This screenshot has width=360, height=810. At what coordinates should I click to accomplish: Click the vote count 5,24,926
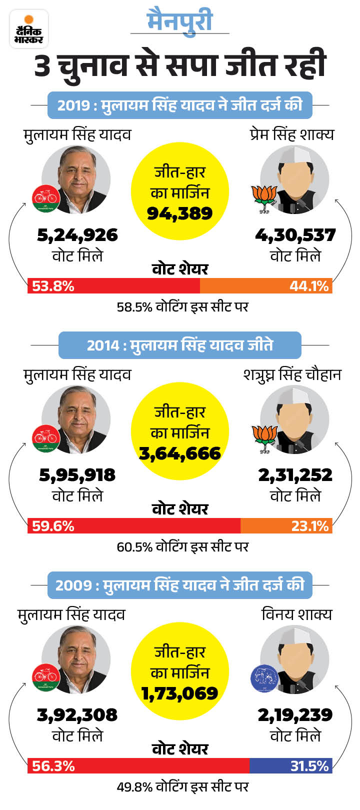[x=77, y=235]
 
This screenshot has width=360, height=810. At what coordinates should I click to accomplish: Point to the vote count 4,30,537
[x=295, y=235]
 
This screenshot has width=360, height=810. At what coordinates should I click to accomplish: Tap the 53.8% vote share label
[x=53, y=286]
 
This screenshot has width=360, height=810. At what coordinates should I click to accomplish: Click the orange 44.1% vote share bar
[x=266, y=286]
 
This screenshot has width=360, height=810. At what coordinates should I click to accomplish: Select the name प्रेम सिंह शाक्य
[x=291, y=134]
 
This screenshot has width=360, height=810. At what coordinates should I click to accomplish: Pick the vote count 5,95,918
[x=77, y=475]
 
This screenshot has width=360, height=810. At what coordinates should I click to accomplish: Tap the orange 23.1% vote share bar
[x=286, y=526]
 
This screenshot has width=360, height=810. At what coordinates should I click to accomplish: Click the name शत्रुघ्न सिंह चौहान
[x=292, y=374]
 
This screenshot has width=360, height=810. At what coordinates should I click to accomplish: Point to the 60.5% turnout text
[x=182, y=546]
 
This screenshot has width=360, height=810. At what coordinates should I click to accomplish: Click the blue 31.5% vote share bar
[x=290, y=766]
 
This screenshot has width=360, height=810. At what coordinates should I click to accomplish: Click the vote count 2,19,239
[x=295, y=715]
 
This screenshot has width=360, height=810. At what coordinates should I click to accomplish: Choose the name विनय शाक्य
[x=296, y=614]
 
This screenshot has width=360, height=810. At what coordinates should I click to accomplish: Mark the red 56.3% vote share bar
[x=138, y=766]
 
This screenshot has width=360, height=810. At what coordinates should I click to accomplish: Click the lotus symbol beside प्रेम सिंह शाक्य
[x=263, y=198]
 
